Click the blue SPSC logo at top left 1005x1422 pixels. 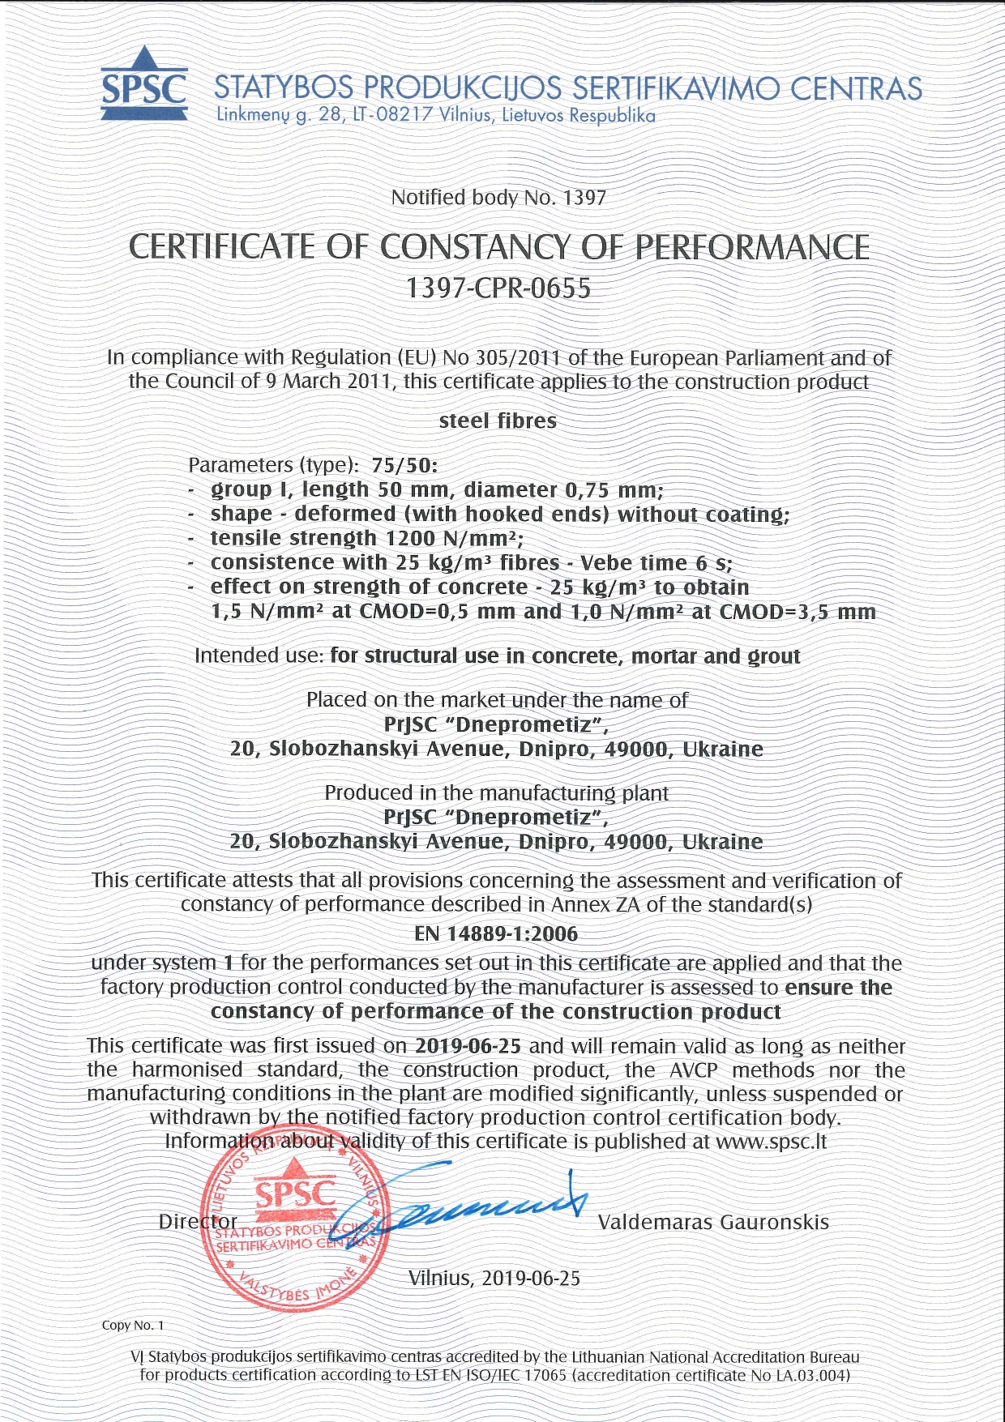point(144,85)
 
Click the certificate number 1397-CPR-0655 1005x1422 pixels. point(498,288)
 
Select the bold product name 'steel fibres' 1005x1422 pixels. point(498,421)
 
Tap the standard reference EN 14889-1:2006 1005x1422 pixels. point(496,934)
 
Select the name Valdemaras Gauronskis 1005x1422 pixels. point(713,1222)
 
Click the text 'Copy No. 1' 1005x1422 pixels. point(133,1326)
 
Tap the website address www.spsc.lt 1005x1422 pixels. point(772,1142)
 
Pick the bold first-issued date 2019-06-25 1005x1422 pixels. point(468,1046)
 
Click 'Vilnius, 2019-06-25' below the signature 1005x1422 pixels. point(494,1279)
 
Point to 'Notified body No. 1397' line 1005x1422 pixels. point(498,198)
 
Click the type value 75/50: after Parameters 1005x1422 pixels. point(404,466)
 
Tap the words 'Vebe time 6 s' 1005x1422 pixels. point(656,563)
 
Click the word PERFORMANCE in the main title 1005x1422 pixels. point(751,248)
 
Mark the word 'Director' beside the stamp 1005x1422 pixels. point(198,1222)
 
